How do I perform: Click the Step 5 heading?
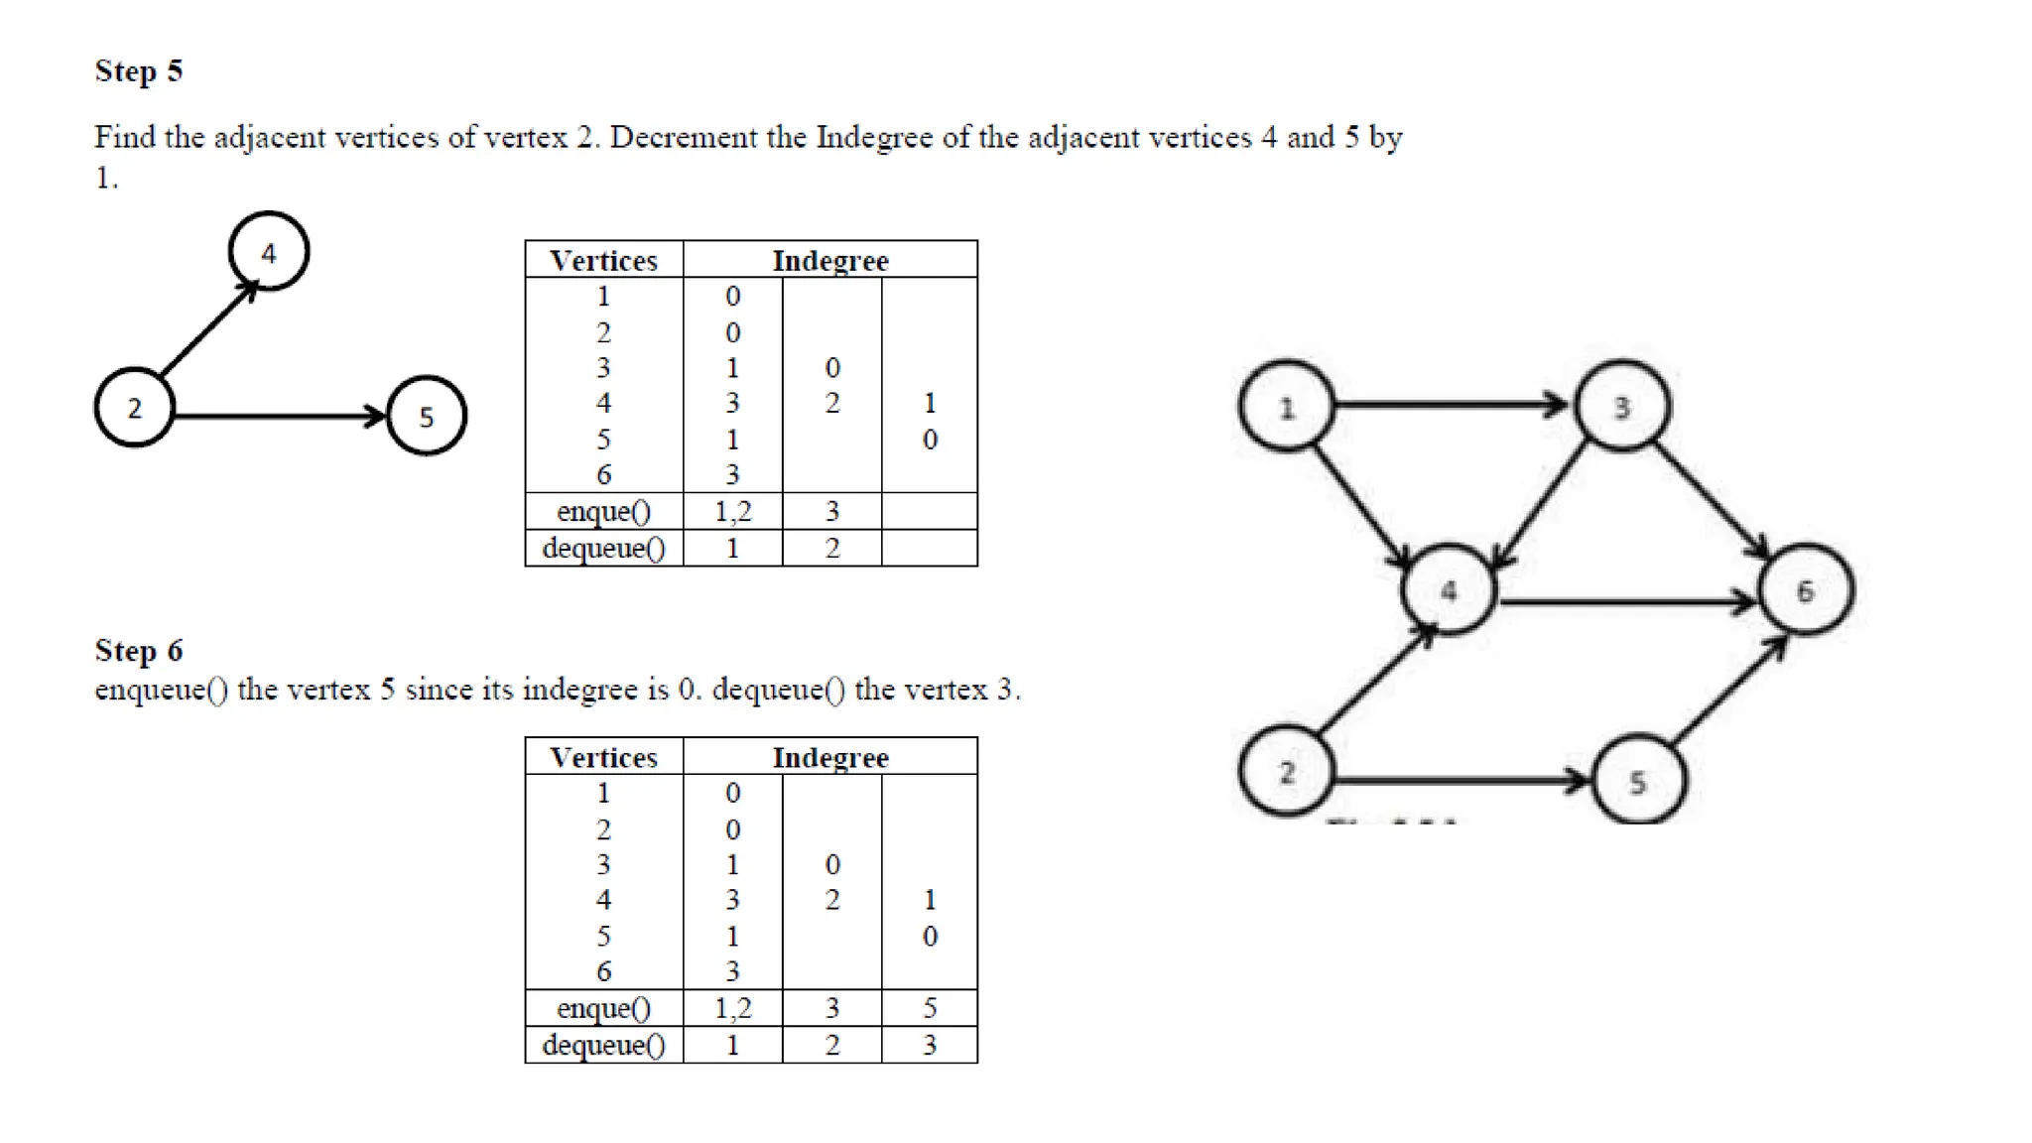point(139,71)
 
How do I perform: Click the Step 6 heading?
point(139,651)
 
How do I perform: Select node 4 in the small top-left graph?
point(269,252)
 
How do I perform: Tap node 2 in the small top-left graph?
point(135,408)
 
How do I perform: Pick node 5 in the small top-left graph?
point(426,416)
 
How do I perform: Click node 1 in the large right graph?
point(1287,407)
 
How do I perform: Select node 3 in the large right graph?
point(1622,407)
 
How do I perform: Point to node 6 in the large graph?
point(1805,591)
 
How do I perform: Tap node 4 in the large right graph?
point(1449,591)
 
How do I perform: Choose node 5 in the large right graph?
point(1638,782)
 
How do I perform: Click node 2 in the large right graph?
point(1287,772)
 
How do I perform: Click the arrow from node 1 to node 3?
point(1449,404)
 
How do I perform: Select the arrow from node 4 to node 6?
point(1627,601)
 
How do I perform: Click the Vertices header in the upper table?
point(603,260)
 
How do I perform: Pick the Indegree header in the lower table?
point(830,757)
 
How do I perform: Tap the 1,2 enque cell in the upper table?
point(732,511)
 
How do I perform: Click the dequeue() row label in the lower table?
point(603,1045)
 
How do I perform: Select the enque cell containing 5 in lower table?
point(930,1008)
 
